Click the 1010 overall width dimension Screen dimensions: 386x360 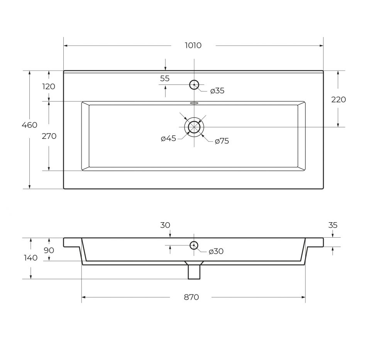tap(193, 46)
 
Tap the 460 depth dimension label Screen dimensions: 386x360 tap(30, 125)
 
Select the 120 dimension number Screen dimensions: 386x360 tap(49, 86)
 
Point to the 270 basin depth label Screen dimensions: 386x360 tap(49, 136)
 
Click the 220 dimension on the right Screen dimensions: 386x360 tap(339, 100)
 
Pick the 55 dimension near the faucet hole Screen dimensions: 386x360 tap(165, 78)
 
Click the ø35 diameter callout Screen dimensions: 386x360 tap(217, 91)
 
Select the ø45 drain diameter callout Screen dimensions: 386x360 tap(168, 139)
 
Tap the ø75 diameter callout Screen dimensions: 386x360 tap(222, 141)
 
